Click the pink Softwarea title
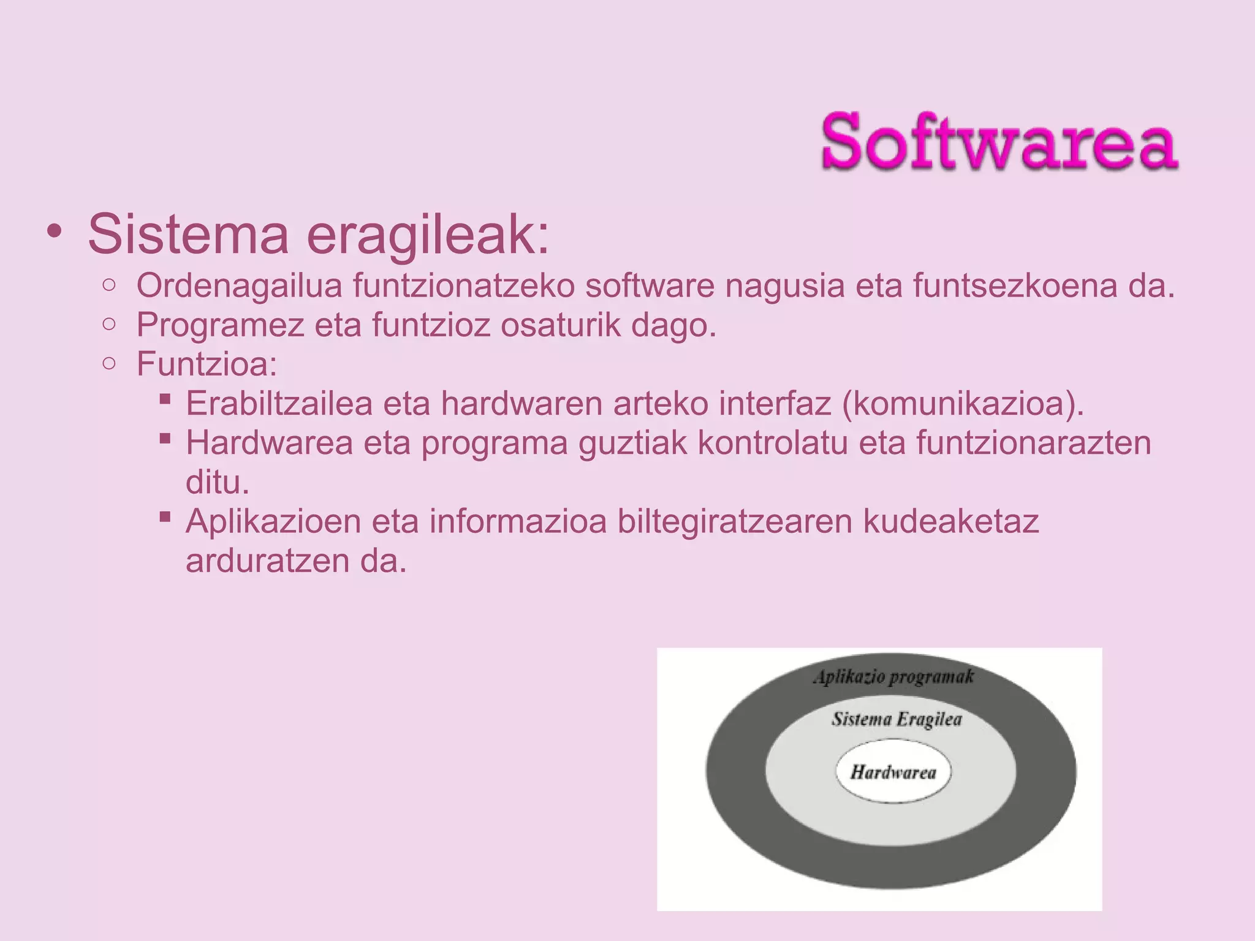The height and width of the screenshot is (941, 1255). point(999,142)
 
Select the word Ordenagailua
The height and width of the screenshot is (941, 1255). point(239,285)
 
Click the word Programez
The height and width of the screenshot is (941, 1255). point(220,325)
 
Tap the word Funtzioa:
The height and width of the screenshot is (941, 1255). point(207,364)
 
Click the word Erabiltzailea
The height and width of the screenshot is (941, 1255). point(279,404)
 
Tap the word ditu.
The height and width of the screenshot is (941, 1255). point(218,482)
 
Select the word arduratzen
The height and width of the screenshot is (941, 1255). point(267,561)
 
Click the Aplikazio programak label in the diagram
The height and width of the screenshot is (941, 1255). point(893,677)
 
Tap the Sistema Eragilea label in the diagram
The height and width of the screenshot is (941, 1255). point(897,719)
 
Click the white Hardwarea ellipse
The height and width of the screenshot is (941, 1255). point(893,772)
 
